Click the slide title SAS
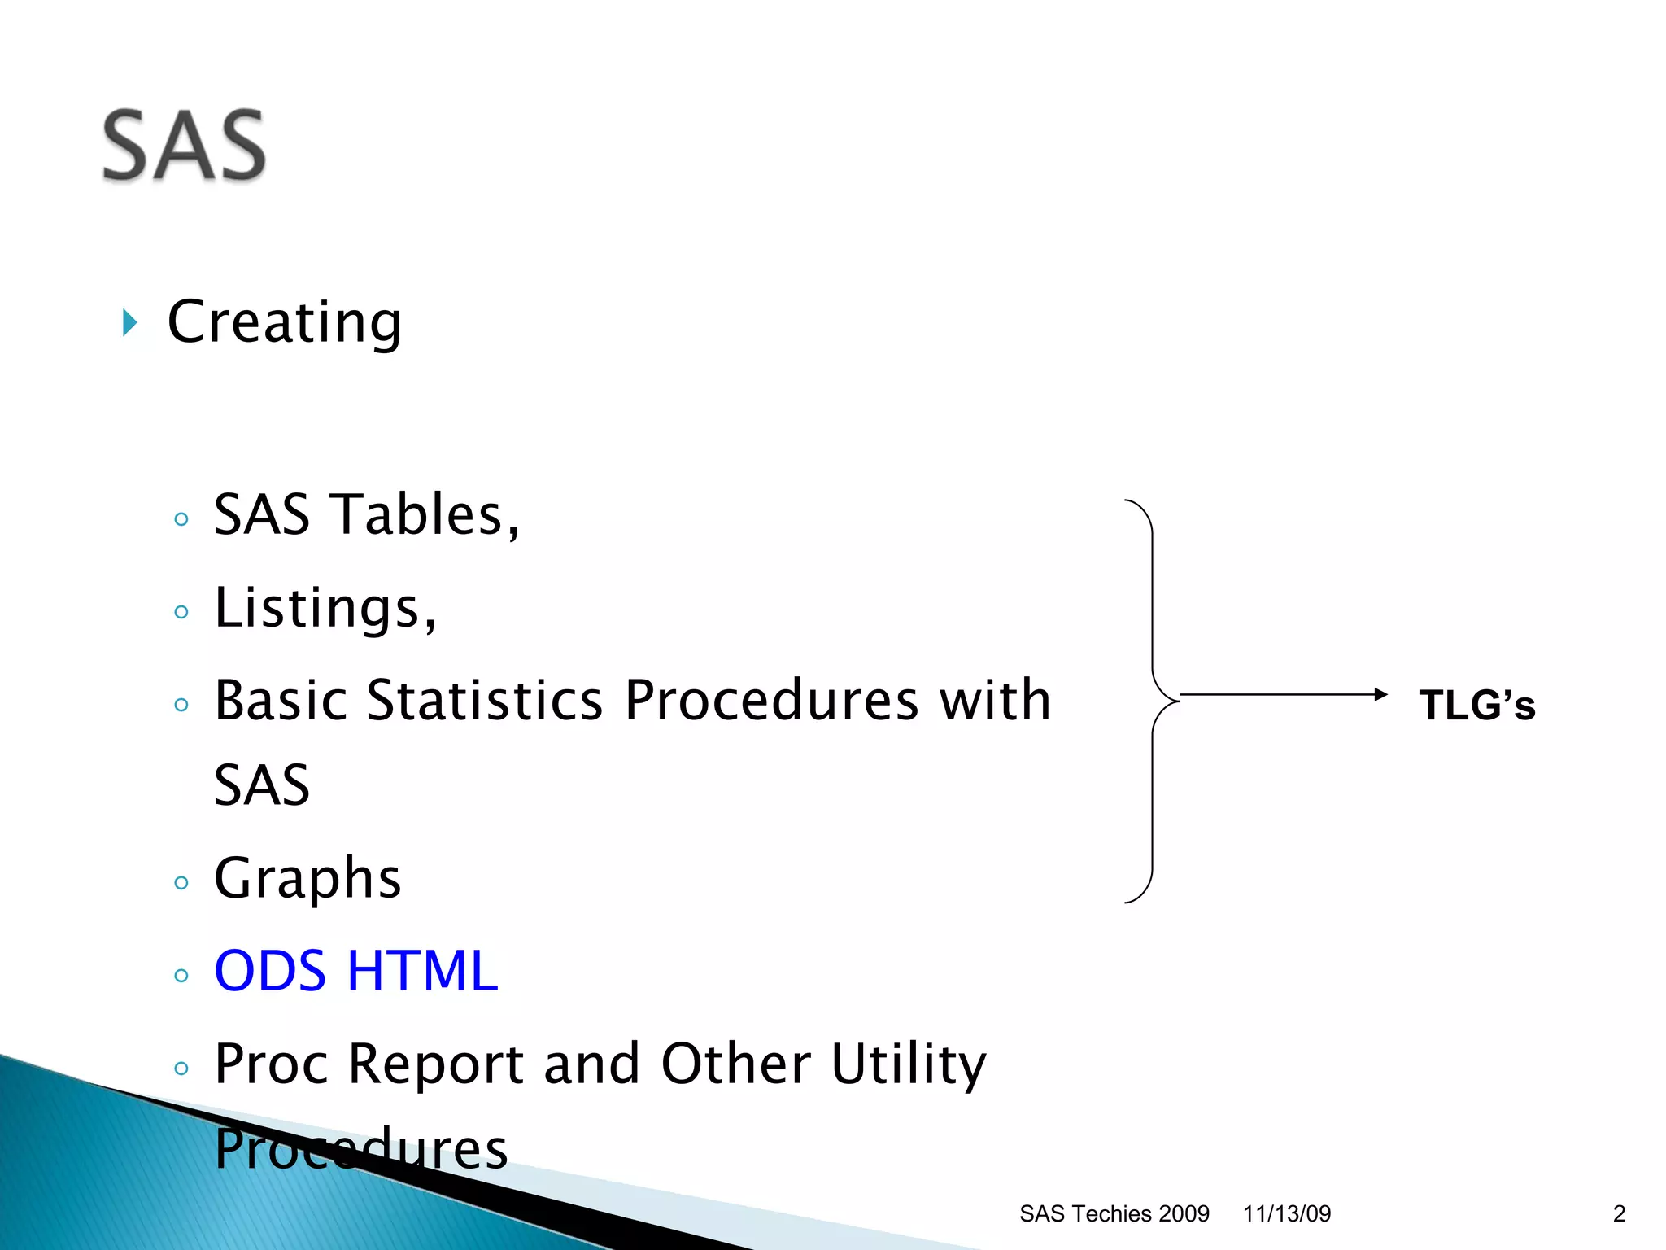184,146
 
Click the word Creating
284,323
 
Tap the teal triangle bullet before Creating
129,323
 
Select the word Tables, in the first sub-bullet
427,515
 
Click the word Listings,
325,609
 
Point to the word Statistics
484,701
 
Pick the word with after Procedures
995,701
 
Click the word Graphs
307,880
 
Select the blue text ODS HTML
355,972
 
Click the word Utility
908,1064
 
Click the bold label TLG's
1476,705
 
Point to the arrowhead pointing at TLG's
1380,694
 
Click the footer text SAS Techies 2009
1114,1213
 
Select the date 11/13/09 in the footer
1286,1213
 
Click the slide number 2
1619,1213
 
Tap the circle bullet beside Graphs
181,883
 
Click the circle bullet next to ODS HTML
181,976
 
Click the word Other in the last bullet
735,1064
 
